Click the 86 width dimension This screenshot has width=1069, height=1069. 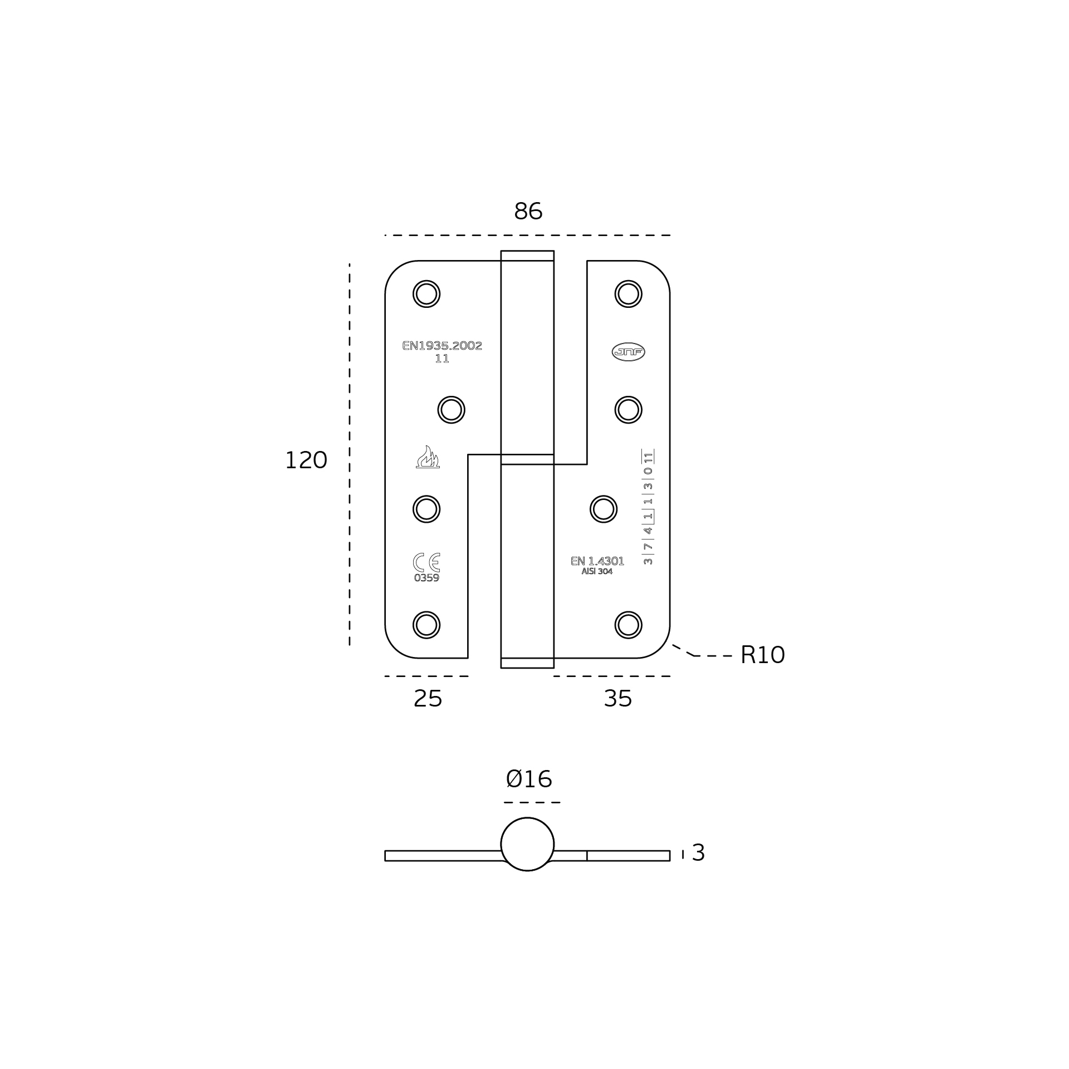click(x=528, y=212)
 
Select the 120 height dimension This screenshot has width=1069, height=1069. click(x=306, y=460)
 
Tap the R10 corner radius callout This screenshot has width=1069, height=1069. click(x=762, y=655)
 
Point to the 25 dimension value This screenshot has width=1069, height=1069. click(x=428, y=699)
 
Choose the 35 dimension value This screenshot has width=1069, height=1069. click(x=618, y=699)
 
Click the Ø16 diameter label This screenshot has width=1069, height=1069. click(x=529, y=779)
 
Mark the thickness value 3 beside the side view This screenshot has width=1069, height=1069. click(x=698, y=853)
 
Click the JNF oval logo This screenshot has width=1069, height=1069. click(x=629, y=352)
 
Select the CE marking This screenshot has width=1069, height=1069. click(x=426, y=562)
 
